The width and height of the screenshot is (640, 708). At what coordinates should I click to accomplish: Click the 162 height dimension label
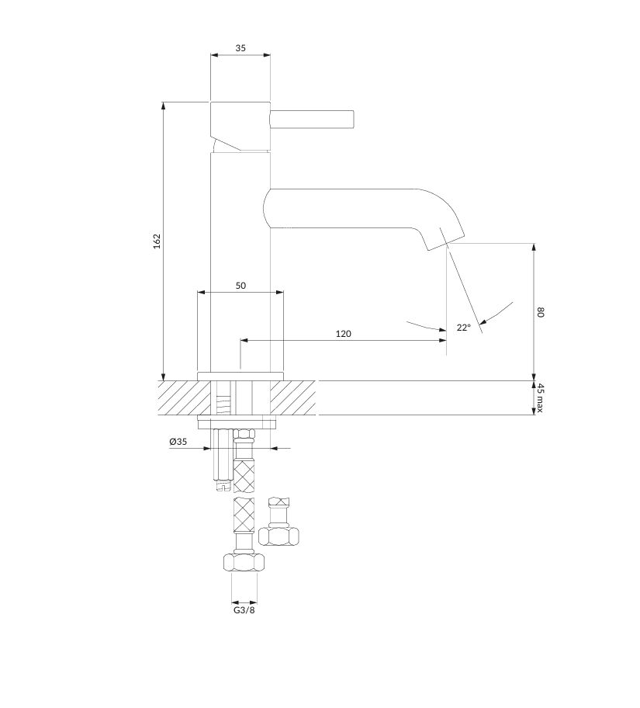[157, 241]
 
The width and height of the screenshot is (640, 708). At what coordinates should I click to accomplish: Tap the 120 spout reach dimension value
[344, 334]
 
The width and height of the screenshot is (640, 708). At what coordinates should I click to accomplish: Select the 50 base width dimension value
[240, 286]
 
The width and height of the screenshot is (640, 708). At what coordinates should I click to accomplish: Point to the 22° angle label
[463, 328]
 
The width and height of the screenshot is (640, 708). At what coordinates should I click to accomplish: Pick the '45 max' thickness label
[540, 397]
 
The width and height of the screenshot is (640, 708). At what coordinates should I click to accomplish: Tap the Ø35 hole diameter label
[178, 442]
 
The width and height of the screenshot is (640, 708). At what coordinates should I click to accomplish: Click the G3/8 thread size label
[244, 610]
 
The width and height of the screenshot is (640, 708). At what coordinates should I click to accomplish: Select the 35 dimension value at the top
[240, 48]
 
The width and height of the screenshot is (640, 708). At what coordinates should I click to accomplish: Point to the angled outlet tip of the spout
[446, 238]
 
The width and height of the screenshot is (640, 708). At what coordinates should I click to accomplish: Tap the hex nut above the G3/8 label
[244, 563]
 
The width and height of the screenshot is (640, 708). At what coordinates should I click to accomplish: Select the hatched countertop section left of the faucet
[184, 397]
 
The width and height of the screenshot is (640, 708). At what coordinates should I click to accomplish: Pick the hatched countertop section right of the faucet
[293, 397]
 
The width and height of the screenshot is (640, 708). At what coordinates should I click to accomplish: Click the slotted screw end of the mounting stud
[222, 486]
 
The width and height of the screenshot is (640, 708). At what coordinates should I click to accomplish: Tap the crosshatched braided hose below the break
[244, 514]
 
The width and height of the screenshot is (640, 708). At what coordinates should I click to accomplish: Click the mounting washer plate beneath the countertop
[237, 422]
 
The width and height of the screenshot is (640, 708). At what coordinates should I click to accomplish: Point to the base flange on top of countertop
[240, 376]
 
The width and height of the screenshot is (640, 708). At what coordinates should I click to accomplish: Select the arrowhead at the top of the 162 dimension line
[164, 106]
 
